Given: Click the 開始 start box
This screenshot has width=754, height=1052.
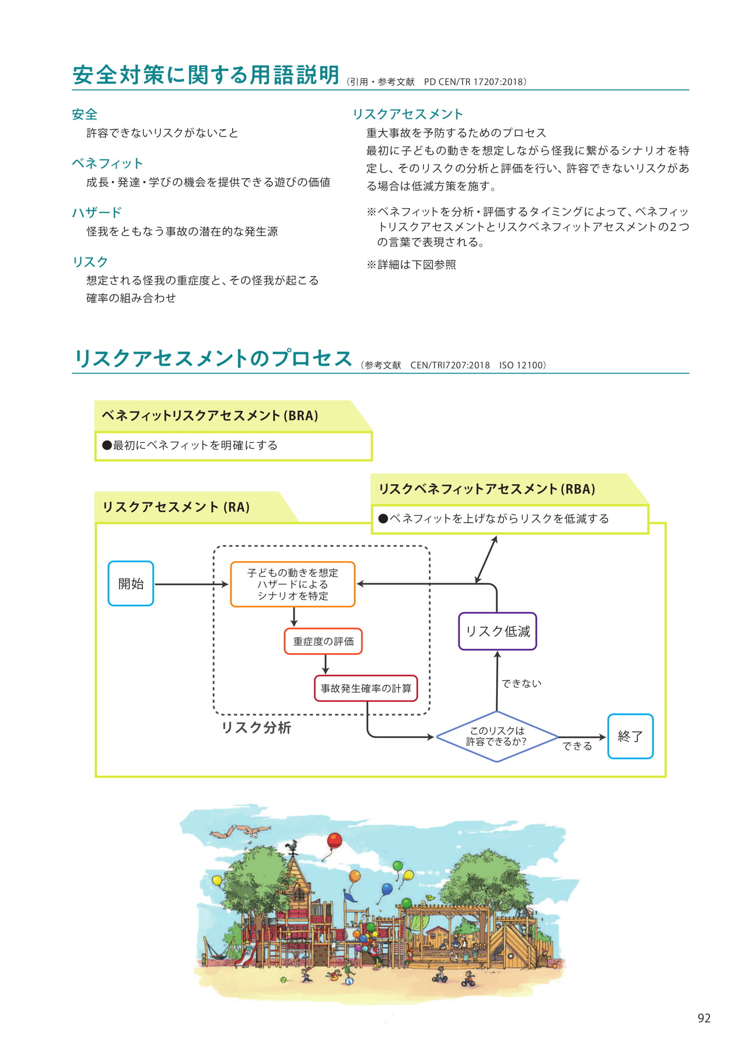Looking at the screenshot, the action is pyautogui.click(x=131, y=583).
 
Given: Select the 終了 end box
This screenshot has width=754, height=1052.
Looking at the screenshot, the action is pyautogui.click(x=630, y=736).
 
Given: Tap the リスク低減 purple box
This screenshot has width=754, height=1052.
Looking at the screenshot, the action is pyautogui.click(x=497, y=631).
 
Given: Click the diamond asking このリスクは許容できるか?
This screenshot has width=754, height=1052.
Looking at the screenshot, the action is pyautogui.click(x=497, y=736).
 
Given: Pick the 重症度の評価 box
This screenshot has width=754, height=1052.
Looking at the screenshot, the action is pyautogui.click(x=323, y=641).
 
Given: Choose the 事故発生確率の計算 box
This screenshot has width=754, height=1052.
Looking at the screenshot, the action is pyautogui.click(x=366, y=688).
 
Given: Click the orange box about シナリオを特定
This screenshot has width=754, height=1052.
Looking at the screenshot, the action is pyautogui.click(x=293, y=584).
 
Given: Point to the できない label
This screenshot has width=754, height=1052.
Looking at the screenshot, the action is pyautogui.click(x=521, y=683).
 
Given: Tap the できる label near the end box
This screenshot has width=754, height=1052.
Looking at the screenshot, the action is pyautogui.click(x=577, y=746).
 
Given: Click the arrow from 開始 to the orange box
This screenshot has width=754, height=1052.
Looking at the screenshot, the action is pyautogui.click(x=191, y=584).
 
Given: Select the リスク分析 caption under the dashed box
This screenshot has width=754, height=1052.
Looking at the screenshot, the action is pyautogui.click(x=256, y=728).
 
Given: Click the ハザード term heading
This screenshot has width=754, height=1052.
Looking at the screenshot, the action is pyautogui.click(x=97, y=213).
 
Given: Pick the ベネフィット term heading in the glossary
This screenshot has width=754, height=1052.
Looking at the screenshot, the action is pyautogui.click(x=107, y=163).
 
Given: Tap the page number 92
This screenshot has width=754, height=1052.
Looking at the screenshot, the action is pyautogui.click(x=704, y=1018).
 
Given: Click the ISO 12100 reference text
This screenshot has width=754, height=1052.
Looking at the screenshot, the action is pyautogui.click(x=522, y=365).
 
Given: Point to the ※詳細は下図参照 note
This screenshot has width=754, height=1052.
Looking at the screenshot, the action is pyautogui.click(x=411, y=265).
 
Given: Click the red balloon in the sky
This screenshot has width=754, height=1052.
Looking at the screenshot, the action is pyautogui.click(x=334, y=841).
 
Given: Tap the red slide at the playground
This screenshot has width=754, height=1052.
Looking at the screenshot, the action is pyautogui.click(x=245, y=954).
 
